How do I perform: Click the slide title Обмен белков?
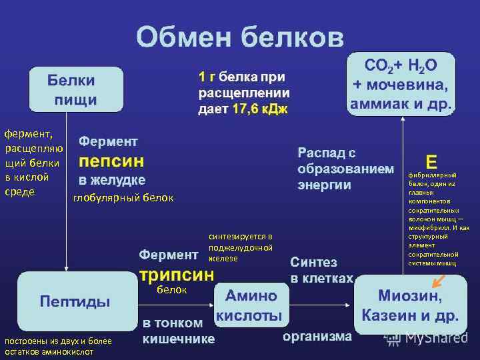[x=240, y=37]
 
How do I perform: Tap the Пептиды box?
[x=75, y=301]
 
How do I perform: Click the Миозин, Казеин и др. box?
[x=410, y=305]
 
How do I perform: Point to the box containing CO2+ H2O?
[x=401, y=83]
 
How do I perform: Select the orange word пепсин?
[x=111, y=161]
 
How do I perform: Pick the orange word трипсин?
[x=176, y=275]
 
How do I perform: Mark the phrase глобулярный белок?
[x=123, y=197]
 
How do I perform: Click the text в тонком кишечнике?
[x=179, y=331]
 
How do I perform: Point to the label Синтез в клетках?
[x=321, y=269]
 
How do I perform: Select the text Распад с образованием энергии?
[x=341, y=169]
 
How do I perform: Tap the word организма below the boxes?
[x=317, y=336]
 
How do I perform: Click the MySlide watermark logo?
[x=427, y=338]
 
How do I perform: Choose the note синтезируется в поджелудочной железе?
[x=241, y=247]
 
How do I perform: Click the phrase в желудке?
[x=112, y=180]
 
